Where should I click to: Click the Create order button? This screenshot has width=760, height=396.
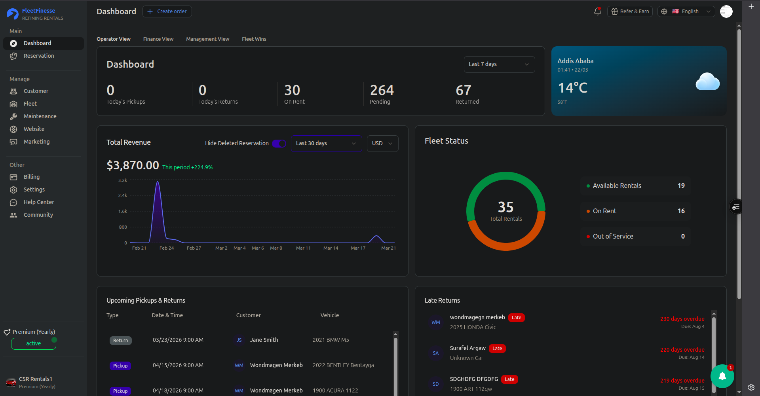167,11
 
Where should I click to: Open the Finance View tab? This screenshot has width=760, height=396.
158,39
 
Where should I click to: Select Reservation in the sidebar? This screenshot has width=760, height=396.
39,56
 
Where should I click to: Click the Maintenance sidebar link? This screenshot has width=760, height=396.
40,116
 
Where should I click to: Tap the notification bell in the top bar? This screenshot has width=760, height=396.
598,11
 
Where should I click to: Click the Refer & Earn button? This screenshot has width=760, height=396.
630,11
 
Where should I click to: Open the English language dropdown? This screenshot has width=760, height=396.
686,11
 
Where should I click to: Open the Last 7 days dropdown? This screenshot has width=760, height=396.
499,64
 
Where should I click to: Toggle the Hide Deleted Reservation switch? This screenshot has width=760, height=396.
279,143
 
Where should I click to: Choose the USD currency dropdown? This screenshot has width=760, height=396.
382,144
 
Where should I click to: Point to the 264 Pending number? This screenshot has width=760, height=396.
382,90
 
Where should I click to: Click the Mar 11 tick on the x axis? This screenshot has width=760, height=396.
303,248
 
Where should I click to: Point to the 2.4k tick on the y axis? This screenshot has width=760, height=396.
123,195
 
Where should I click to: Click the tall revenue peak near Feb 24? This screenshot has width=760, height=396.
158,182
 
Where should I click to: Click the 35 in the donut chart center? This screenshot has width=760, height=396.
506,207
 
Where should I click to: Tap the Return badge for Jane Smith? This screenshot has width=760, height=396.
121,341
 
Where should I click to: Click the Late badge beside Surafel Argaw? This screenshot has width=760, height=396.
497,349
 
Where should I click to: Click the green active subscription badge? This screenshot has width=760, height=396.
34,344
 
